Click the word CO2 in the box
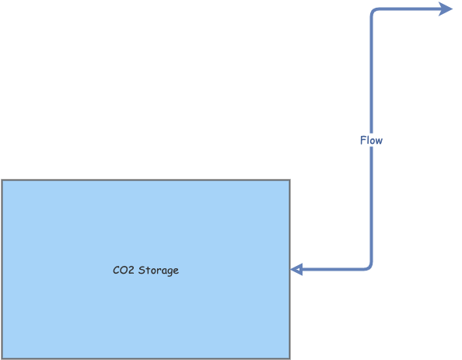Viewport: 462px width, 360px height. pos(123,271)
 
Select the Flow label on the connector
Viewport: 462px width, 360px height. pos(371,141)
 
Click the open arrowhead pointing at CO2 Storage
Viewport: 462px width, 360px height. pos(296,270)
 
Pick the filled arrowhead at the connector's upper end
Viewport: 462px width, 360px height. pos(445,9)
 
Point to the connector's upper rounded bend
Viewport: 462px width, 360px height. pos(373,12)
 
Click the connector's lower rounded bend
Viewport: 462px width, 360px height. pos(369,267)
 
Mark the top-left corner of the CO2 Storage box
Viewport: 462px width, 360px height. pos(2,180)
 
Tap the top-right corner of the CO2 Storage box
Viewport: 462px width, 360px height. pos(289,180)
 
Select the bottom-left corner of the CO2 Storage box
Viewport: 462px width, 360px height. pos(2,358)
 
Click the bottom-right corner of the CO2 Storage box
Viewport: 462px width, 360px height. pos(289,358)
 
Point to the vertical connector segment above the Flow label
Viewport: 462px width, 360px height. pos(371,78)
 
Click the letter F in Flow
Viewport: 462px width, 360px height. pos(362,141)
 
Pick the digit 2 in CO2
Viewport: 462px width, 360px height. pos(131,271)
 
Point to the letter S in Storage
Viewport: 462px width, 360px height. pos(141,271)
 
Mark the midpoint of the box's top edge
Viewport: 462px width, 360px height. pos(145,180)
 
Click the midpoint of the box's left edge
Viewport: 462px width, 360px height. pos(2,270)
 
